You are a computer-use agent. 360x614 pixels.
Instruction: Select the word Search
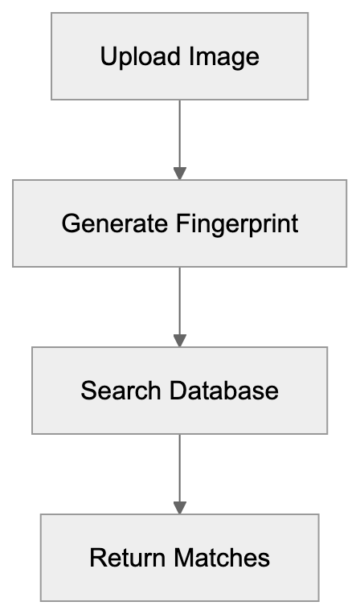[x=120, y=391]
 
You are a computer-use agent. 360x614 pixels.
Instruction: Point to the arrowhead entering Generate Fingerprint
[x=180, y=173]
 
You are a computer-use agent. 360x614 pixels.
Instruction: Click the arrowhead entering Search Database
[x=180, y=341]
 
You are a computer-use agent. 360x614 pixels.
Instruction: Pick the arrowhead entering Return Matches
[x=180, y=508]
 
